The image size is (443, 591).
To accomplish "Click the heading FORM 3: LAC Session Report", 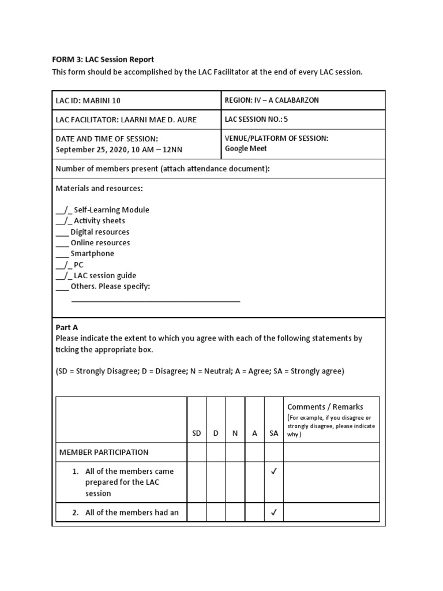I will pyautogui.click(x=103, y=59).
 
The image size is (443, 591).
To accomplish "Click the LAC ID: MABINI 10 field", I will pyautogui.click(x=88, y=100).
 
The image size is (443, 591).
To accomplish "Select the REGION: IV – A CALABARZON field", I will pyautogui.click(x=272, y=100).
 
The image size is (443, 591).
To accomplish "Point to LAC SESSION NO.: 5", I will pyautogui.click(x=256, y=119).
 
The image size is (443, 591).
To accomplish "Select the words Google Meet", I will pyautogui.click(x=246, y=148).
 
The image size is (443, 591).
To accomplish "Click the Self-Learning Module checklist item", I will pyautogui.click(x=111, y=210).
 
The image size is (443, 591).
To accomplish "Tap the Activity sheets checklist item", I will pyautogui.click(x=99, y=221).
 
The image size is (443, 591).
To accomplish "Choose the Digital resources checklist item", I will pyautogui.click(x=99, y=232).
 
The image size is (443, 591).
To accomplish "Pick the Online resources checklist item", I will pyautogui.click(x=100, y=243).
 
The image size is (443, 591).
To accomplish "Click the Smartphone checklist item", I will pyautogui.click(x=92, y=254).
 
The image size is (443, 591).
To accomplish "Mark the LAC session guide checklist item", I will pyautogui.click(x=104, y=276).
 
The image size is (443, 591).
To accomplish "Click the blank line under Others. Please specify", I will pyautogui.click(x=156, y=301).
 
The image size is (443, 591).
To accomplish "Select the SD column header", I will pyautogui.click(x=197, y=433).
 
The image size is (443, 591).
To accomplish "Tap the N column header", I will pyautogui.click(x=235, y=433).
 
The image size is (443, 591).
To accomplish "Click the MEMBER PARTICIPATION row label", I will pyautogui.click(x=104, y=452).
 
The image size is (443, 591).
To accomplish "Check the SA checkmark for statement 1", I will pyautogui.click(x=273, y=472).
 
